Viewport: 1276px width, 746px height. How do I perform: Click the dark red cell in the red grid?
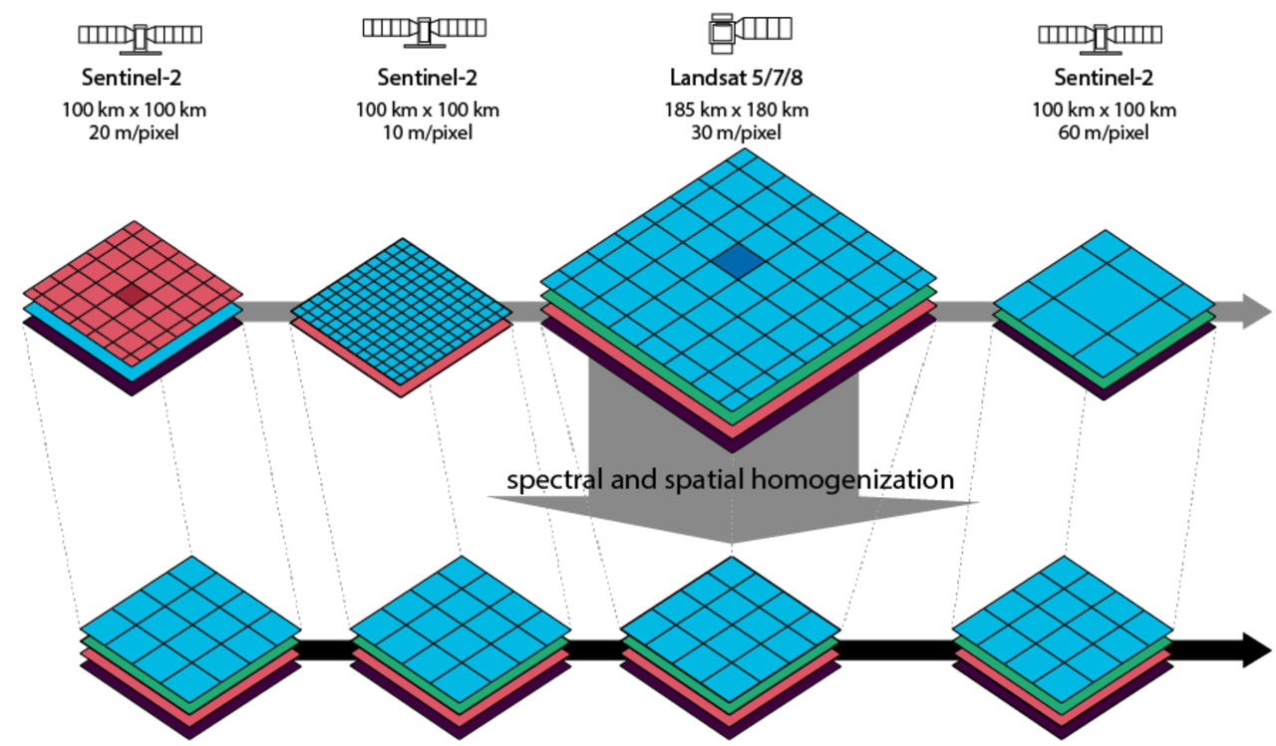(x=132, y=295)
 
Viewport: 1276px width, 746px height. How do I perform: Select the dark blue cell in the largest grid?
(x=738, y=262)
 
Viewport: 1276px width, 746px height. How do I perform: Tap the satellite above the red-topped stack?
(x=140, y=37)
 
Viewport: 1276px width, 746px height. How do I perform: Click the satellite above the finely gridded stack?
(x=424, y=30)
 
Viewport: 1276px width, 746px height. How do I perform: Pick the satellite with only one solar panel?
(x=749, y=30)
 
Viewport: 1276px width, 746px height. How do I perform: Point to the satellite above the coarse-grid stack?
(x=1100, y=37)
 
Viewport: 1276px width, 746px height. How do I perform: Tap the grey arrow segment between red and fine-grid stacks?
(x=267, y=312)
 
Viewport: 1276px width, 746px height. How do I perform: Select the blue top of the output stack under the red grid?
(x=189, y=628)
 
